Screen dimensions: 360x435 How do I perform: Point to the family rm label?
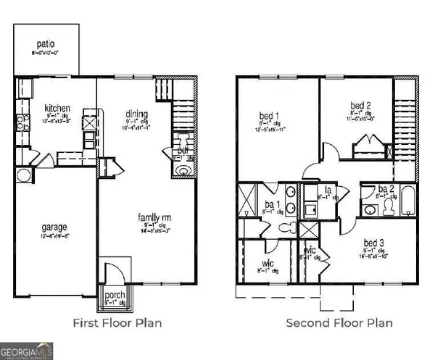[x=155, y=216]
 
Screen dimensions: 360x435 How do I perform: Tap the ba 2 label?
[x=385, y=190]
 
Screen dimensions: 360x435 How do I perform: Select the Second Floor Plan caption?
[x=339, y=322]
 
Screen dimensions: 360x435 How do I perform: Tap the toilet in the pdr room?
[x=182, y=169]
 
